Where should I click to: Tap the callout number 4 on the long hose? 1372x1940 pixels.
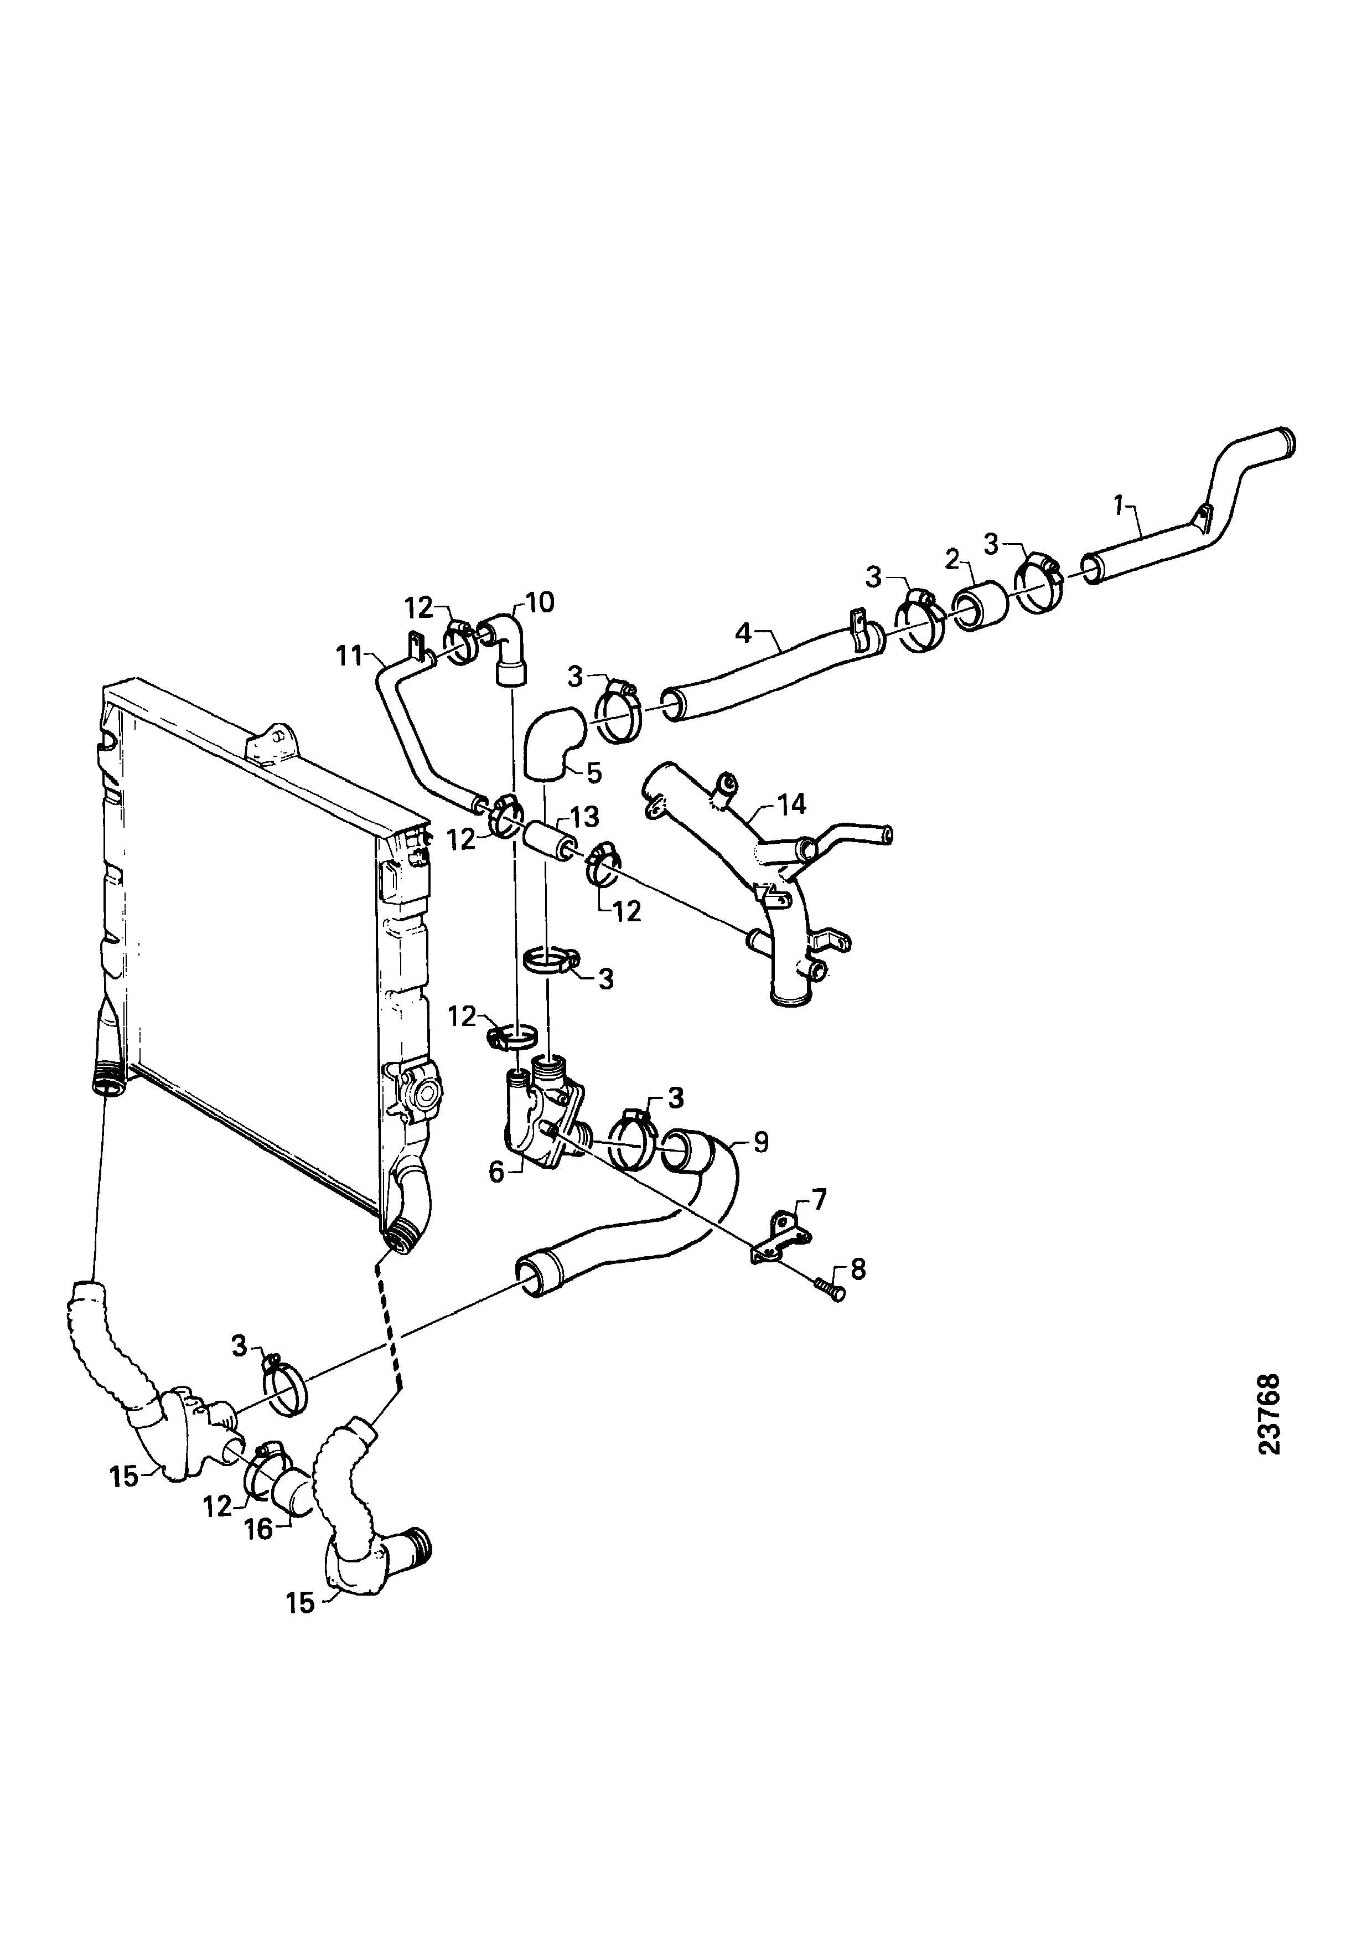coord(743,632)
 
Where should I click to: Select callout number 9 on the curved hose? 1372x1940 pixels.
coord(760,1142)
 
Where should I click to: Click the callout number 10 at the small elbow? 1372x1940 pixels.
coord(540,602)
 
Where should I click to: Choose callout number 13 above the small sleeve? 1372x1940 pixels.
coord(584,817)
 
